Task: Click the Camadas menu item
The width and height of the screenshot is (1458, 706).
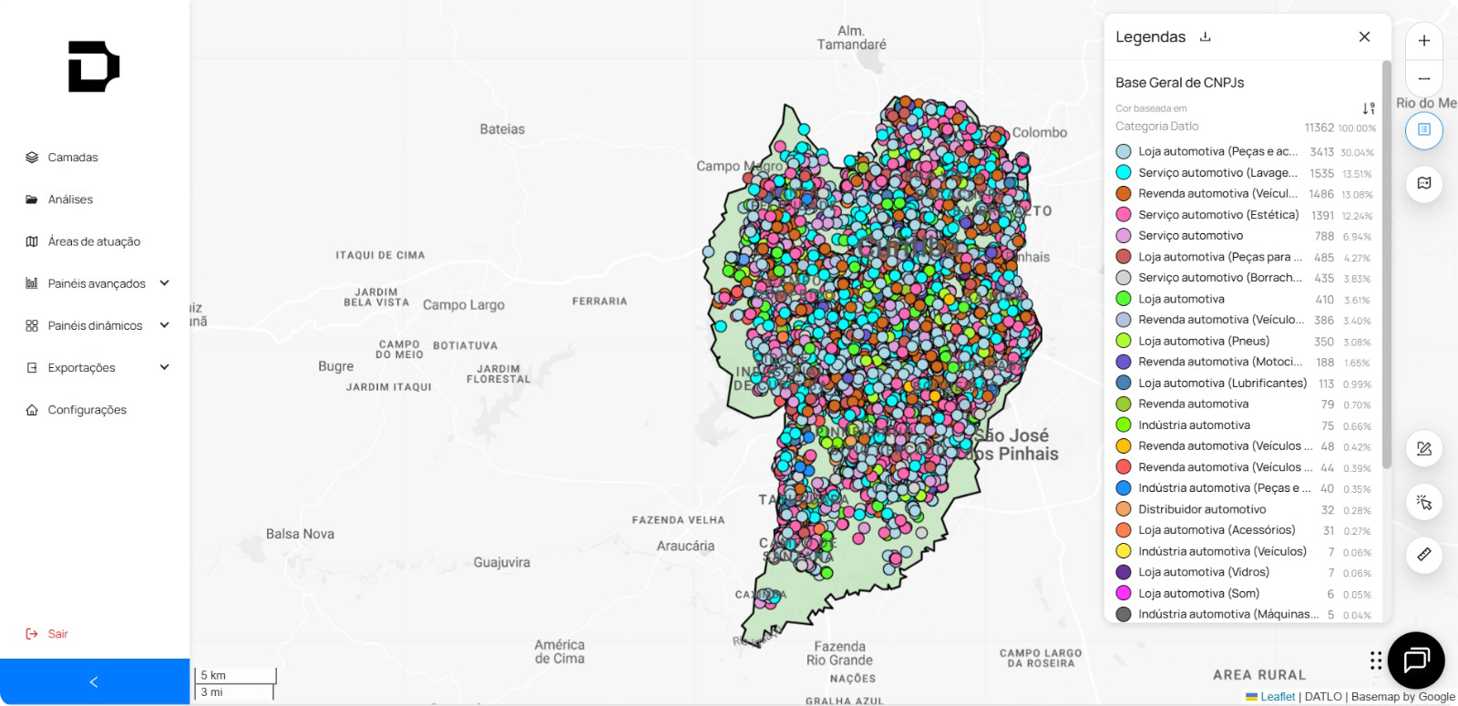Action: pos(72,158)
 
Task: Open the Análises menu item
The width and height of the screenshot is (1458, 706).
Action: pos(70,200)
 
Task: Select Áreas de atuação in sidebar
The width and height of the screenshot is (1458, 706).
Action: pos(93,241)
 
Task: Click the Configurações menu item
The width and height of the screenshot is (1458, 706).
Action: pos(87,410)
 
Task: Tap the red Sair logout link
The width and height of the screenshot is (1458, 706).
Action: pos(57,634)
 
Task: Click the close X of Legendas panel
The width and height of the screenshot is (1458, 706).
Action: pos(1364,37)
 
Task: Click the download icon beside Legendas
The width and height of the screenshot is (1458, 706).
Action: pos(1206,37)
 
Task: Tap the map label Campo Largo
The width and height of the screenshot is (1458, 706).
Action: pos(463,305)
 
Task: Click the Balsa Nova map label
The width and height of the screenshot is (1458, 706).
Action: pos(300,534)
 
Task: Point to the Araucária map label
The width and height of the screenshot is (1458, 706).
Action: pos(685,546)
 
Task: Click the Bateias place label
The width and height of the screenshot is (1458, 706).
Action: pos(502,129)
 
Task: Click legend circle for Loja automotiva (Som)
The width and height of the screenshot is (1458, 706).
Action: pos(1124,593)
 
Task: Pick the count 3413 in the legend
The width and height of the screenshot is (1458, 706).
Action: pos(1321,152)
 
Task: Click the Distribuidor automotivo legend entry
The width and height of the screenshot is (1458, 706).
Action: pos(1201,509)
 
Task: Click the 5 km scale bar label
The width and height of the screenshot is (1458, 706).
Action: pos(213,675)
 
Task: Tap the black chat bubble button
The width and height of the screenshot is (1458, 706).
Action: pos(1416,660)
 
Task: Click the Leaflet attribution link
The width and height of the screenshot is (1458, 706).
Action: pos(1277,697)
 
